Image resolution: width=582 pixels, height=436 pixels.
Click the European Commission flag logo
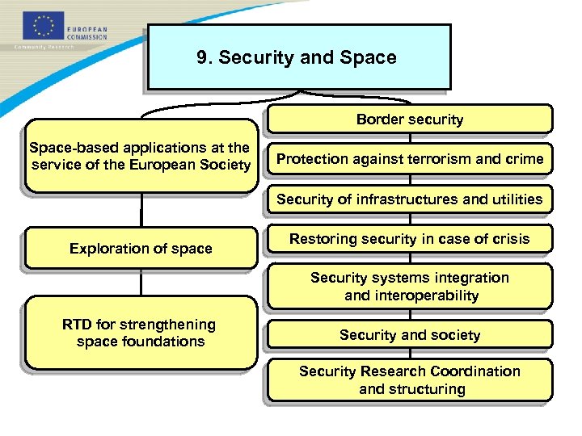41,26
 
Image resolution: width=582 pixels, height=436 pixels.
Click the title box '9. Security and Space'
297,57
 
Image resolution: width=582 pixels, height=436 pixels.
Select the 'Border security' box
410,119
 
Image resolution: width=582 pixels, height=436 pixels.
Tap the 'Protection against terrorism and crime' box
410,158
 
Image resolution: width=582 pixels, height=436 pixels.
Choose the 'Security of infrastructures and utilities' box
410,199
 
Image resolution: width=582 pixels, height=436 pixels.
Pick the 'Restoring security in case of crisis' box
410,238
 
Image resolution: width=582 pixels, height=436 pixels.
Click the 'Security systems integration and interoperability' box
410,287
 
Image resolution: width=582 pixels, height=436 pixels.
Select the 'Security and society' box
410,334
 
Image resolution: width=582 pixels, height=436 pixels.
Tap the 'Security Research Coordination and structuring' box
410,379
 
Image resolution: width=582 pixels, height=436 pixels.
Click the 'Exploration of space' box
141,248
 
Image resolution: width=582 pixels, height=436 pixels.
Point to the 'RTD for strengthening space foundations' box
140,333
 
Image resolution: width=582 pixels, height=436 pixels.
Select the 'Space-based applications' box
140,157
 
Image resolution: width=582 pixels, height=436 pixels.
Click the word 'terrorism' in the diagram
440,158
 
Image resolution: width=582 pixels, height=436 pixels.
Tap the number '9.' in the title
205,58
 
